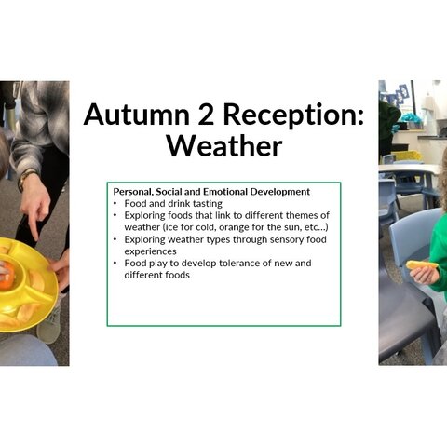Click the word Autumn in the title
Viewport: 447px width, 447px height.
click(x=136, y=115)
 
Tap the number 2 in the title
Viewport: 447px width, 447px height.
click(x=205, y=115)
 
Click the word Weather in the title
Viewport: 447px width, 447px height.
click(x=224, y=146)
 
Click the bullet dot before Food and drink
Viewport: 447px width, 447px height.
click(x=115, y=204)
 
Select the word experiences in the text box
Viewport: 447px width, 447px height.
click(x=150, y=251)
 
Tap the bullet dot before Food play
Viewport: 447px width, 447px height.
click(x=115, y=264)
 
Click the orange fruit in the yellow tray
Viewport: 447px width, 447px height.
click(x=7, y=277)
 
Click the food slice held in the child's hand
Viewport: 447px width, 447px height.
click(x=422, y=265)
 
